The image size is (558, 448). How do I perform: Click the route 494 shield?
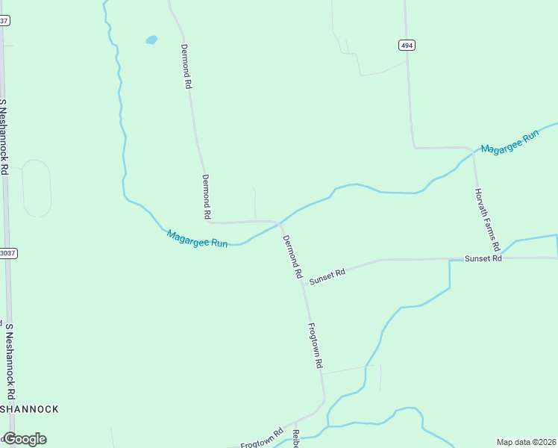[x=407, y=46]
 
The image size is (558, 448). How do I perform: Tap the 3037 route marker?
[x=7, y=253]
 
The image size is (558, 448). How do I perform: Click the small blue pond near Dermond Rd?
[x=151, y=40]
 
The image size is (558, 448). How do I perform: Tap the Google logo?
[x=25, y=438]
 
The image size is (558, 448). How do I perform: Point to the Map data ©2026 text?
[x=527, y=442]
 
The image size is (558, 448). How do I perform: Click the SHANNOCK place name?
[x=30, y=409]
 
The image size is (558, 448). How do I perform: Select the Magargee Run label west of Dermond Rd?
[x=197, y=239]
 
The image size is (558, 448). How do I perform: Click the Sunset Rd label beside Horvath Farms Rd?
[x=483, y=258]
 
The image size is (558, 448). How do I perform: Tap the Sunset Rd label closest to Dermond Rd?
[x=327, y=274]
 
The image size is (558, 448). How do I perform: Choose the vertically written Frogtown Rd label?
[x=315, y=345]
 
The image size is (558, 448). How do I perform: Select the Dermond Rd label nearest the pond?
[x=186, y=67]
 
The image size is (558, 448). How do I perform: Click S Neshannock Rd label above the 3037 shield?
[x=4, y=137]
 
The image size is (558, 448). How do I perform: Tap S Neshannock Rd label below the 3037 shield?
[x=10, y=361]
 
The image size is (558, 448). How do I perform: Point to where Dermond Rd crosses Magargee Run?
[x=280, y=223]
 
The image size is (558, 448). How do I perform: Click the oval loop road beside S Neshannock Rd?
[x=36, y=188]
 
